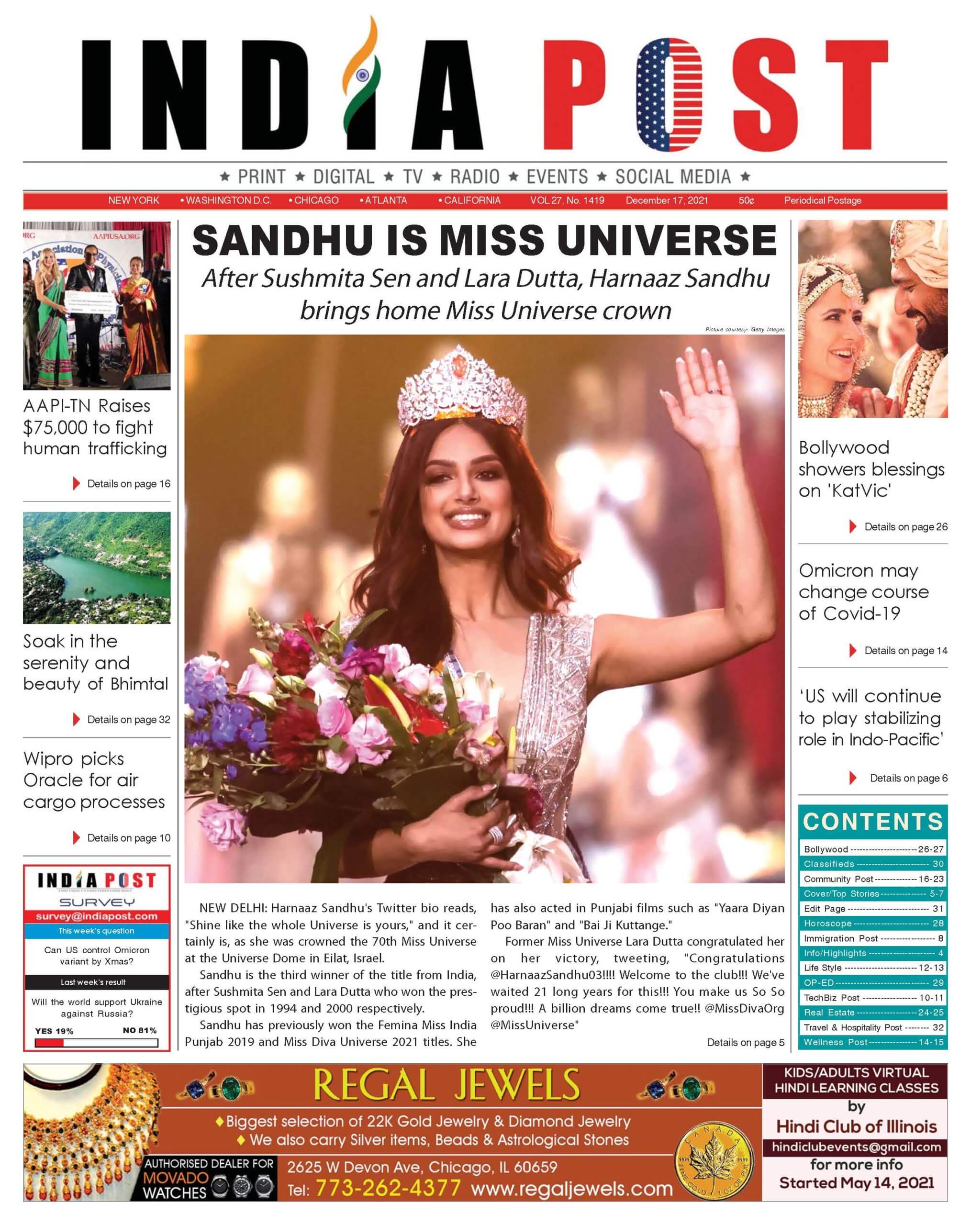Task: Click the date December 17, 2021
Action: click(x=667, y=200)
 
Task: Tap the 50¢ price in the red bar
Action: click(x=746, y=200)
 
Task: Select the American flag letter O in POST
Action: click(x=669, y=95)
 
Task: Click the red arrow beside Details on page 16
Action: click(x=76, y=483)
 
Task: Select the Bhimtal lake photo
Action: click(x=97, y=568)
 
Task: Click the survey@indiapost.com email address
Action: click(x=97, y=916)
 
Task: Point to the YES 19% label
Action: click(x=54, y=1031)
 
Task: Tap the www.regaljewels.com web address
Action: click(x=571, y=1188)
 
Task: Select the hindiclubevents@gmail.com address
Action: click(x=856, y=1147)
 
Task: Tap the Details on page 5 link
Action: click(x=745, y=1042)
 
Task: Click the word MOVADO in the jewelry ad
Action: click(x=175, y=1178)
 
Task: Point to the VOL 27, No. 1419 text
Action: click(x=567, y=200)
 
